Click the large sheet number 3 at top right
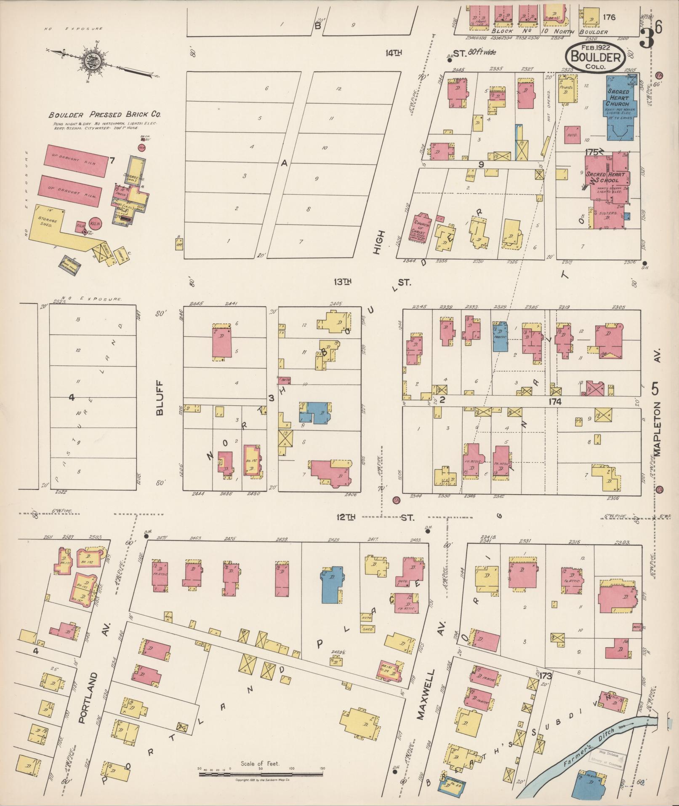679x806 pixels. tap(647, 37)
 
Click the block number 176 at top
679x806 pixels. tap(609, 17)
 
